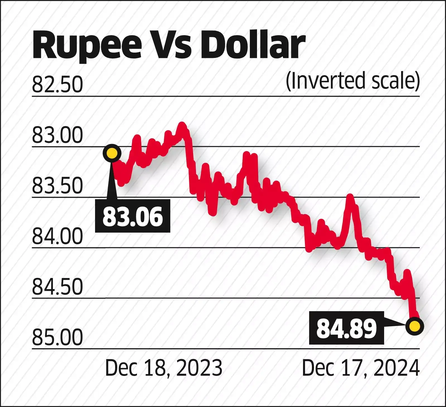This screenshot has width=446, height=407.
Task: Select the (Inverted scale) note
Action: [x=353, y=81]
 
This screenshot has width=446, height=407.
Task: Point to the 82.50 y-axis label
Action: [x=57, y=85]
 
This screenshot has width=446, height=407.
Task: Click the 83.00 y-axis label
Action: [x=57, y=135]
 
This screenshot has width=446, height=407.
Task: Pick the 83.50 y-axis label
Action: [x=57, y=186]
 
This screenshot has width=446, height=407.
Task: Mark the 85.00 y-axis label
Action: [x=57, y=337]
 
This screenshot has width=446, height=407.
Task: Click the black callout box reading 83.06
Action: [x=132, y=216]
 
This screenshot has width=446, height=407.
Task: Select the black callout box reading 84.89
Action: [x=346, y=328]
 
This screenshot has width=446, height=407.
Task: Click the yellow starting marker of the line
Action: [x=112, y=153]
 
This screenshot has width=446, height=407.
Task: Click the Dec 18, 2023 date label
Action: [x=164, y=368]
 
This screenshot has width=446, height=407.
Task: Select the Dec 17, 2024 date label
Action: [x=361, y=368]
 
